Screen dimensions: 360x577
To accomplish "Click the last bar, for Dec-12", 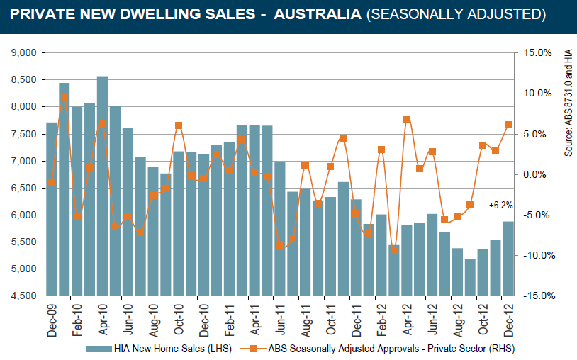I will [x=508, y=259].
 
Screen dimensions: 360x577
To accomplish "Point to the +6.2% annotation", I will [x=500, y=205].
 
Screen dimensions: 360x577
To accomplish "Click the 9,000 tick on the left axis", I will [x=24, y=53].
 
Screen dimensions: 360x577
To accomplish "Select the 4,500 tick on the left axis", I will [x=24, y=296].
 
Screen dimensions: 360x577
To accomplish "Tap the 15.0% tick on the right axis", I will [x=537, y=53].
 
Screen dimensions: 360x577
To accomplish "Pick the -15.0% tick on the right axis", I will [x=537, y=296].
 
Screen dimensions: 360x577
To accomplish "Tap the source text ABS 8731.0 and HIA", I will [x=568, y=103].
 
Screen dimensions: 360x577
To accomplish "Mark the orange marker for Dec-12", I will [x=508, y=125].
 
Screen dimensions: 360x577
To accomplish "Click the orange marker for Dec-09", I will [x=51, y=184].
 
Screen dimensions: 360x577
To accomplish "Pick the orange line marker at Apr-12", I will [x=406, y=119].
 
